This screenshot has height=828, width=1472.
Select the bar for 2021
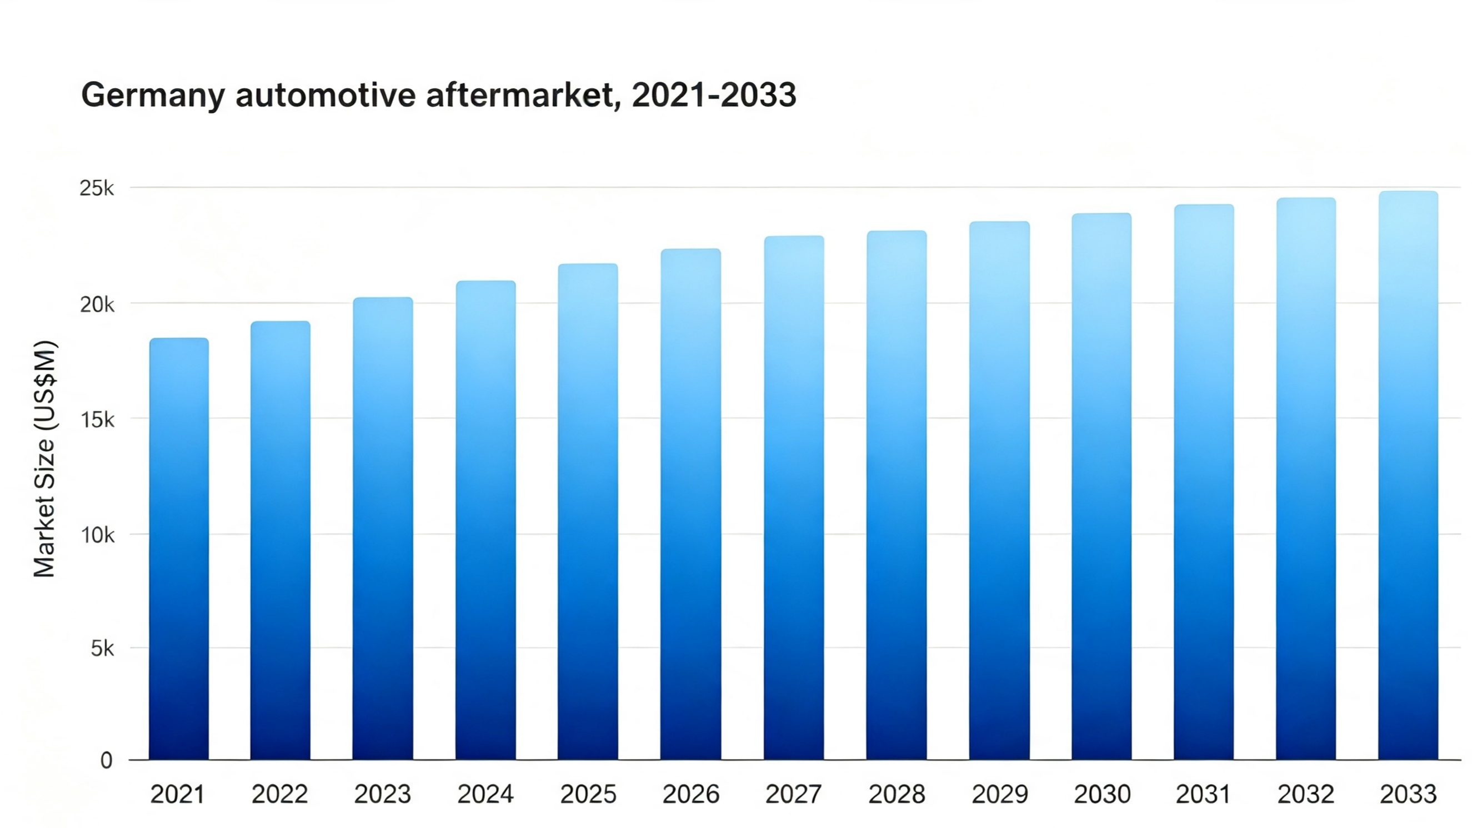coord(179,549)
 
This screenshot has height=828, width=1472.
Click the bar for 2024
coord(485,520)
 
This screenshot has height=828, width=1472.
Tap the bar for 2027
coord(794,498)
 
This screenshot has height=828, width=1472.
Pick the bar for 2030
coord(1102,486)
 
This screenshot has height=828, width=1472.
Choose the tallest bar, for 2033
coord(1408,475)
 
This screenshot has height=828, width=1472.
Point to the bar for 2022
coord(281,540)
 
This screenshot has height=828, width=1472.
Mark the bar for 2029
coord(999,490)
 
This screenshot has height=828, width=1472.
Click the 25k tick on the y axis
coord(97,188)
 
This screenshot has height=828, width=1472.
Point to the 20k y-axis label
coord(97,304)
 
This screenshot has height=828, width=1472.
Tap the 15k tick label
coord(97,420)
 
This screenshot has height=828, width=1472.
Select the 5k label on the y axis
coord(102,649)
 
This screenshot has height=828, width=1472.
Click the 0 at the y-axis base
coord(106,761)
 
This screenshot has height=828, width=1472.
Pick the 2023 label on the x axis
coord(383,794)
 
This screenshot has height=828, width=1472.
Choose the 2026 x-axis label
coord(691,794)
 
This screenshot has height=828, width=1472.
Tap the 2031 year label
coord(1203,794)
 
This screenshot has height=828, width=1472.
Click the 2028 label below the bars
coord(897,794)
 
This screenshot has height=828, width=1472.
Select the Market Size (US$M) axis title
coord(44,459)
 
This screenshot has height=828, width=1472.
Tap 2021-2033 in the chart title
coord(714,95)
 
